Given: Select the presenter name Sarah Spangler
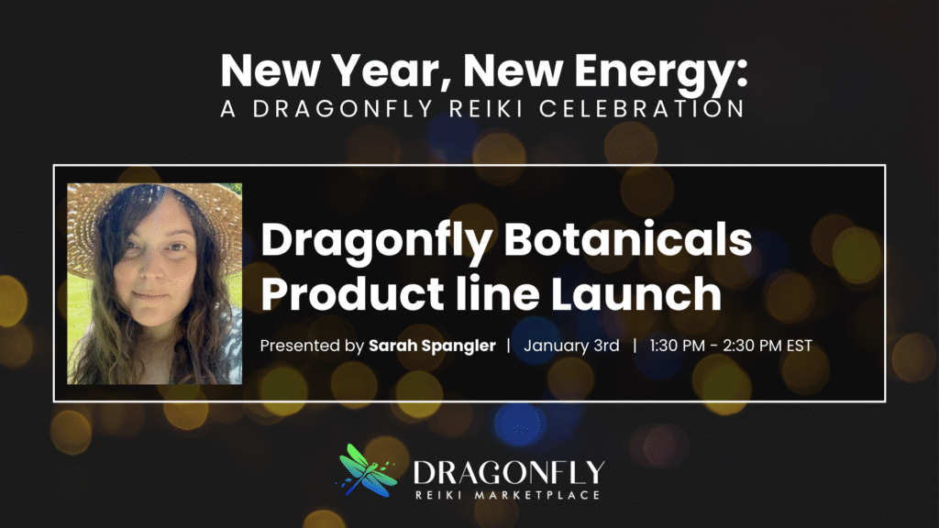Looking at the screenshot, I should point(432,347).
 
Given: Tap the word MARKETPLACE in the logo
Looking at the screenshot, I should point(542,495).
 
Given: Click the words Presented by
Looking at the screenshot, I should point(312,347).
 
